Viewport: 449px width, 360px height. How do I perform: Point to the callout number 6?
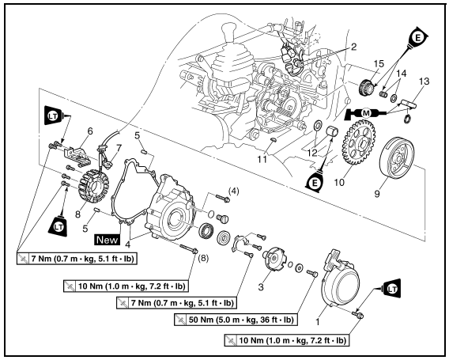coord(68,131)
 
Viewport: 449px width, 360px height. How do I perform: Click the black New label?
coord(107,237)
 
